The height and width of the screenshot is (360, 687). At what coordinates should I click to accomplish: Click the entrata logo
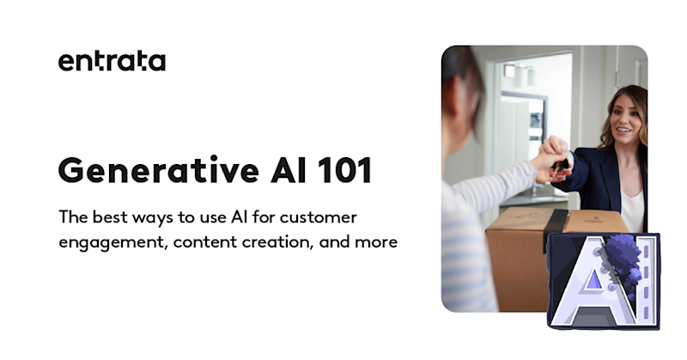coord(112,62)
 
